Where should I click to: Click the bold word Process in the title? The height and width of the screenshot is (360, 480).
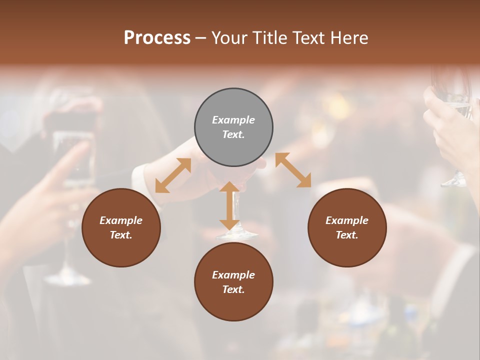pyautogui.click(x=157, y=38)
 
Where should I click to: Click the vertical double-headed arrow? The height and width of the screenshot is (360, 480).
pyautogui.click(x=229, y=205)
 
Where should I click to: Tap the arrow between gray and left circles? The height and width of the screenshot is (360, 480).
pyautogui.click(x=173, y=175)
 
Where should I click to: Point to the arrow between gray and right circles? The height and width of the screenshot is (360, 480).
pyautogui.click(x=293, y=170)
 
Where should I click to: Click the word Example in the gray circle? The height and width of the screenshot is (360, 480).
pyautogui.click(x=233, y=120)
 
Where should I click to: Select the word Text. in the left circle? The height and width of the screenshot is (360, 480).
pyautogui.click(x=121, y=235)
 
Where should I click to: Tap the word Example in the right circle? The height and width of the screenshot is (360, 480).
pyautogui.click(x=347, y=220)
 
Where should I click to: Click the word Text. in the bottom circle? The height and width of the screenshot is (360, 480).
pyautogui.click(x=233, y=289)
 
